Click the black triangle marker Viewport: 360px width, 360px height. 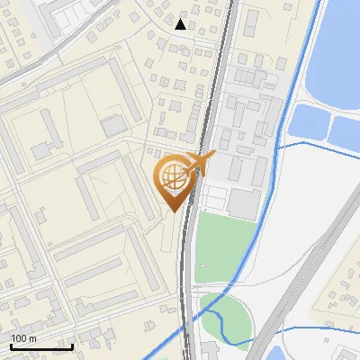tap(181, 24)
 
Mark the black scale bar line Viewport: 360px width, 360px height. tap(41, 346)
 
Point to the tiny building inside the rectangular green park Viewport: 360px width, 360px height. tap(203, 266)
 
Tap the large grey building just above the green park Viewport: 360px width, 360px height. tap(243, 202)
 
